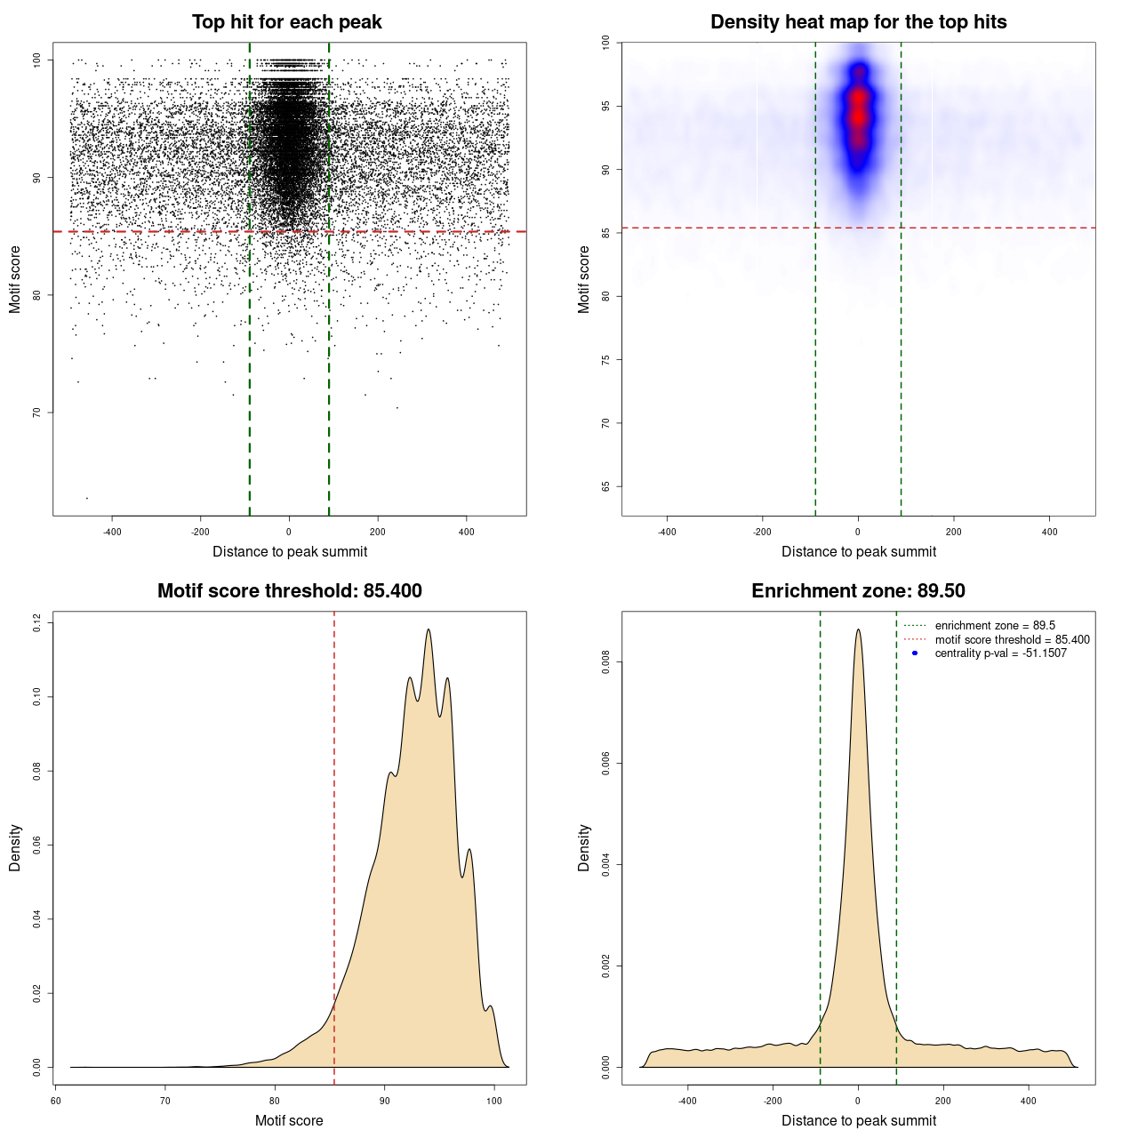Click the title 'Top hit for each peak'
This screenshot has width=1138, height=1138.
[286, 22]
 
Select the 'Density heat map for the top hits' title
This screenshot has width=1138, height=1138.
[858, 22]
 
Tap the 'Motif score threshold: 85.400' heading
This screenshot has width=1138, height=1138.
[289, 591]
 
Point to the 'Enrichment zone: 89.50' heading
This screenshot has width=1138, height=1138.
[858, 591]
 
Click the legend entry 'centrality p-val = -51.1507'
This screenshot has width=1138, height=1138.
[1000, 653]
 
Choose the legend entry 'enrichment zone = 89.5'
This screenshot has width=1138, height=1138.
[995, 626]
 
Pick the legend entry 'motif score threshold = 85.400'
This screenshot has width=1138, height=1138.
[1012, 640]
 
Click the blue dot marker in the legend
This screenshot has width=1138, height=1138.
[915, 653]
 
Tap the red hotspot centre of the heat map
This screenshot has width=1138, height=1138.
[858, 116]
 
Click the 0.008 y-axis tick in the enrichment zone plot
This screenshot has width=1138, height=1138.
[606, 662]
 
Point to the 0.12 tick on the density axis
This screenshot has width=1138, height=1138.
[37, 624]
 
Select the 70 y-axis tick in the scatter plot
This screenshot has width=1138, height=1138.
[37, 413]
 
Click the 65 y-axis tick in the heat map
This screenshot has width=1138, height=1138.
[606, 486]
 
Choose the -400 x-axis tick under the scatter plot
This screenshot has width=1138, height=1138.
[112, 533]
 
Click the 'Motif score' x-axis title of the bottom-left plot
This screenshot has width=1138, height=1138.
[289, 1120]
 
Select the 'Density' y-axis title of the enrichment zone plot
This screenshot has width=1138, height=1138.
[584, 847]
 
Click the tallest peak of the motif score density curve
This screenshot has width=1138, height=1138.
[429, 629]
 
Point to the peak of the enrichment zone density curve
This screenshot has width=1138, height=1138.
[858, 629]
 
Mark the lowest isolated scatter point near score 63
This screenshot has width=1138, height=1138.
[86, 498]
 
